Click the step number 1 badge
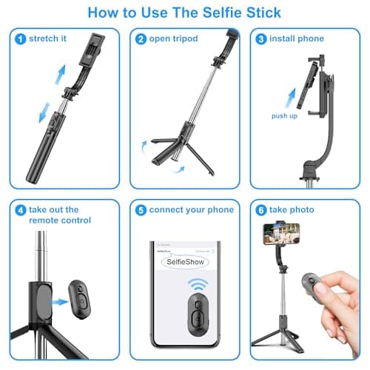point(19,39)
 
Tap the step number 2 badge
point(141,39)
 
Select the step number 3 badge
point(260,39)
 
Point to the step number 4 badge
point(19,209)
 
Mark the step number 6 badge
point(260,209)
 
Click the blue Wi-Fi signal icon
point(196,286)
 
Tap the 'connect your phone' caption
point(191,209)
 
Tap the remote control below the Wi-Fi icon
point(196,314)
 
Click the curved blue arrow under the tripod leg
point(176,169)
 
